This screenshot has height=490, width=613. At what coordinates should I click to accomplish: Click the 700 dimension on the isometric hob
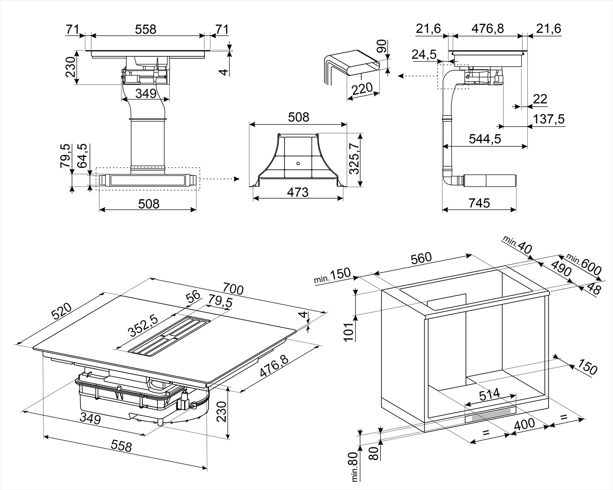point(233,289)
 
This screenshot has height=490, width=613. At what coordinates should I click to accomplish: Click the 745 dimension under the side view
point(479,203)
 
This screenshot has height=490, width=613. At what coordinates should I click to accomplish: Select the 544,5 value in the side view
point(485,139)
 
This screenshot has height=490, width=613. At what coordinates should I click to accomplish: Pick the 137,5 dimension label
point(549,119)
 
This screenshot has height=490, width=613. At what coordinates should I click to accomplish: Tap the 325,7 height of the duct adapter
point(355,160)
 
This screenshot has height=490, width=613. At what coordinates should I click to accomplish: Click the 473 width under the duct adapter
point(298,192)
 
